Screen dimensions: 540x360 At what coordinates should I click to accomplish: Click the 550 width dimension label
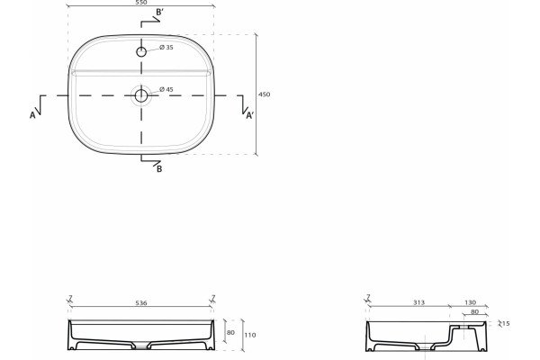click(141, 2)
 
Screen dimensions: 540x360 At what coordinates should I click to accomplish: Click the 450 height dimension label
click(264, 94)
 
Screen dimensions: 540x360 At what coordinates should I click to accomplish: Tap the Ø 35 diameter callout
click(166, 47)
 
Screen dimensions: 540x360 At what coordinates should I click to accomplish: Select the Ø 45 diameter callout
click(166, 89)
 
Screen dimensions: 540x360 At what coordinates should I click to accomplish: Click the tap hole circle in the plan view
click(141, 52)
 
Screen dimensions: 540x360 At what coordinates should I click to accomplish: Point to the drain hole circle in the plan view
click(141, 95)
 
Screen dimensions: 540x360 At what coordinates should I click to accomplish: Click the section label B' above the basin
click(160, 13)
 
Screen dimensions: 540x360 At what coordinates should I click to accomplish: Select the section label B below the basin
click(159, 169)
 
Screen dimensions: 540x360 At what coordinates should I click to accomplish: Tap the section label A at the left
click(32, 115)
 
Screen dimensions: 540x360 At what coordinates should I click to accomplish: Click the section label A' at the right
click(250, 115)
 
